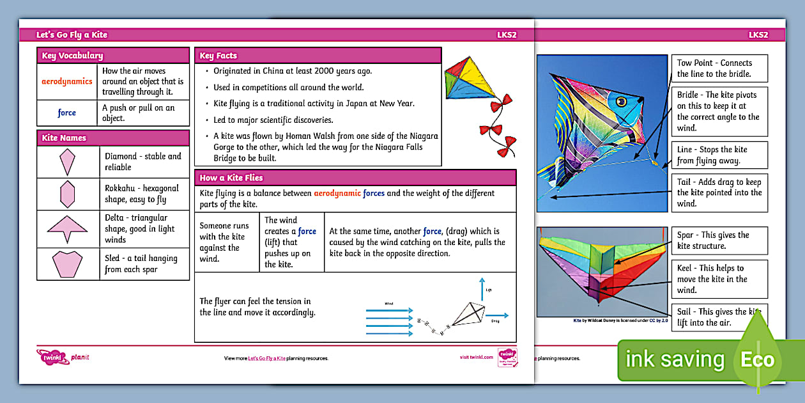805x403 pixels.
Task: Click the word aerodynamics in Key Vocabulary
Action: [x=67, y=81]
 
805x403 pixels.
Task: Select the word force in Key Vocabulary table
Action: [x=67, y=113]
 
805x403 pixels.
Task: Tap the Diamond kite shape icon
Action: [x=67, y=162]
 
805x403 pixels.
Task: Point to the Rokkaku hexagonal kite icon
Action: [x=67, y=193]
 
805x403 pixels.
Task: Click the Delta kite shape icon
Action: [x=67, y=227]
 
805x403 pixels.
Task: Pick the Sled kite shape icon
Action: [x=67, y=264]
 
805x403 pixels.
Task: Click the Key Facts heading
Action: [x=215, y=56]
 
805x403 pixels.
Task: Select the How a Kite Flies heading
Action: [x=231, y=177]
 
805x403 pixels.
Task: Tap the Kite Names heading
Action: [x=64, y=138]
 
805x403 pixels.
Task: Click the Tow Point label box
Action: [x=720, y=68]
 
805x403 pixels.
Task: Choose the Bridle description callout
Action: [x=720, y=111]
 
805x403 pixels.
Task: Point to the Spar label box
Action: [x=720, y=241]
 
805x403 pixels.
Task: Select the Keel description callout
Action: [x=720, y=279]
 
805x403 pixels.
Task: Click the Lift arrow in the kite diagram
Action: [x=482, y=289]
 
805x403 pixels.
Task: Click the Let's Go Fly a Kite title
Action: [x=72, y=35]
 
